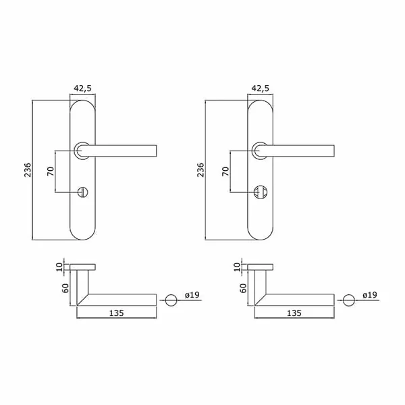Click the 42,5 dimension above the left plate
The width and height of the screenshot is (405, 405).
[82, 88]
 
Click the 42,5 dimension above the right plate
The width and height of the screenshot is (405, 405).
[261, 88]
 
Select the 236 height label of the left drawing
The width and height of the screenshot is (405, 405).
[28, 169]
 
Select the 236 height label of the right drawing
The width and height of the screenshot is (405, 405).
[200, 169]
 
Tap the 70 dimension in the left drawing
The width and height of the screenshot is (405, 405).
[51, 171]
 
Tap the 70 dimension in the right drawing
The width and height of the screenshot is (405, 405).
[225, 171]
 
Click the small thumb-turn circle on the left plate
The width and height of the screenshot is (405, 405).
[83, 192]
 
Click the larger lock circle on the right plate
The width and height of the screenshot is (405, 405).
[260, 192]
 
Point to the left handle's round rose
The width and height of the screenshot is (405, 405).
[82, 151]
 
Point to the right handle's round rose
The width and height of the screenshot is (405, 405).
[260, 151]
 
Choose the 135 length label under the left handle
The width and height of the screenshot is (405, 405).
[117, 313]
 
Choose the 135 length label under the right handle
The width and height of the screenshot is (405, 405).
[294, 313]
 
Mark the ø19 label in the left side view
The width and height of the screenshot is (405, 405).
[192, 295]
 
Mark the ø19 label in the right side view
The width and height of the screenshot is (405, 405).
[370, 295]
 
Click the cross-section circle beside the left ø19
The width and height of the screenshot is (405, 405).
[171, 300]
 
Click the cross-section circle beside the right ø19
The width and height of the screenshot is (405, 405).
[349, 300]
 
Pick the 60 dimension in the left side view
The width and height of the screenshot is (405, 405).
[65, 288]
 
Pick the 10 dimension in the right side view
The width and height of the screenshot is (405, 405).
[237, 267]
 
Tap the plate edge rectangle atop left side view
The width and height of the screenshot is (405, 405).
[82, 267]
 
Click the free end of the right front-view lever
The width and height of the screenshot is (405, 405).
[334, 151]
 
